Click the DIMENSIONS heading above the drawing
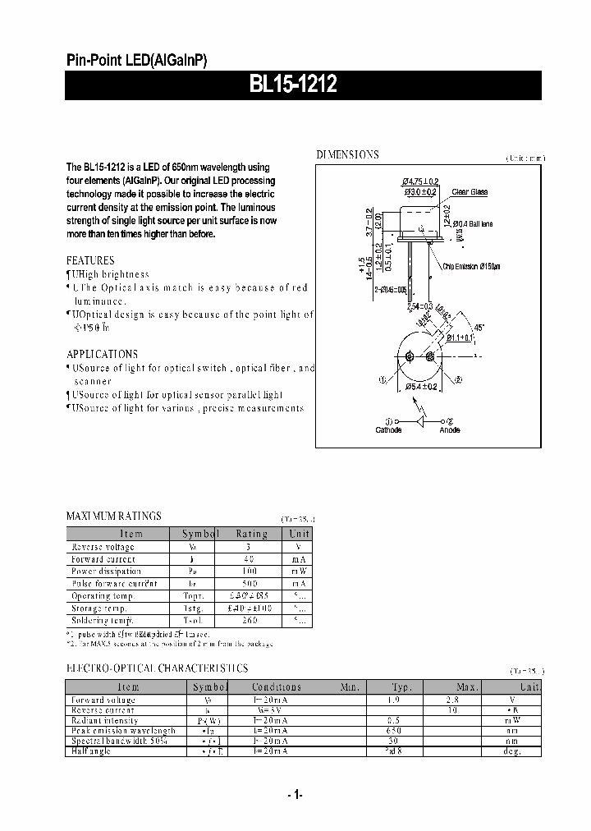click(x=348, y=154)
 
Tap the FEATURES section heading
click(x=90, y=260)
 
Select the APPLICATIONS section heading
click(x=102, y=355)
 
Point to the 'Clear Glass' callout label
click(x=470, y=192)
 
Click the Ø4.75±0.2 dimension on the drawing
click(x=421, y=181)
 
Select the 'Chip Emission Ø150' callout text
click(x=471, y=266)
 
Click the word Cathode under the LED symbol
click(x=388, y=430)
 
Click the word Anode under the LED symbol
click(x=450, y=430)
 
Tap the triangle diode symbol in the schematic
click(x=423, y=420)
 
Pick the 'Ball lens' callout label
click(x=476, y=223)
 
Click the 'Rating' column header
click(x=251, y=534)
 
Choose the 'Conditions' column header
click(x=277, y=687)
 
